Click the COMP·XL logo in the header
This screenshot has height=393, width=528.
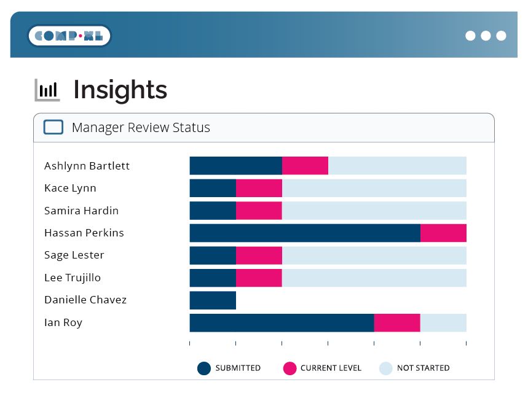(x=69, y=36)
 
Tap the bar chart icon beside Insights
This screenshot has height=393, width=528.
(x=47, y=90)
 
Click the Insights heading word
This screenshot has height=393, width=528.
(x=120, y=90)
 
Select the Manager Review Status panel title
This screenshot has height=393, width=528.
(x=141, y=128)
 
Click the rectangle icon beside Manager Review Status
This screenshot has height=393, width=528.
(x=53, y=127)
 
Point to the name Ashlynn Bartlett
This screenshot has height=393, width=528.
(x=87, y=166)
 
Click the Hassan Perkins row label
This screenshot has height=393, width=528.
(x=84, y=233)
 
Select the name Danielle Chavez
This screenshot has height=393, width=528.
(x=85, y=300)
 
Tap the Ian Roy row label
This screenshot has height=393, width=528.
(x=63, y=322)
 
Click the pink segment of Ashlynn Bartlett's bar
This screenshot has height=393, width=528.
(x=305, y=166)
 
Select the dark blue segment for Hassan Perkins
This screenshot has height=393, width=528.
(x=304, y=233)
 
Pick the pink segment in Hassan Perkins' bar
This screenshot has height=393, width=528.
(x=443, y=233)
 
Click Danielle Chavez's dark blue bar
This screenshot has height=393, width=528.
(x=213, y=300)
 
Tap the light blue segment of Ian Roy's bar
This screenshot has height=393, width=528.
(x=443, y=322)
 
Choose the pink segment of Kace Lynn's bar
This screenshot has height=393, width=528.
(x=259, y=188)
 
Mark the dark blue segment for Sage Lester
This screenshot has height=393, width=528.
(x=213, y=255)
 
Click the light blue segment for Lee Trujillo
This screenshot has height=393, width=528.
(x=374, y=278)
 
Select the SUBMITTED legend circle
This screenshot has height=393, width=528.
(x=204, y=368)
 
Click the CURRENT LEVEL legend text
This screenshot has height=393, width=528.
(x=331, y=368)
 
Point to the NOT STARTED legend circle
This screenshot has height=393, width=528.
(x=385, y=368)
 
